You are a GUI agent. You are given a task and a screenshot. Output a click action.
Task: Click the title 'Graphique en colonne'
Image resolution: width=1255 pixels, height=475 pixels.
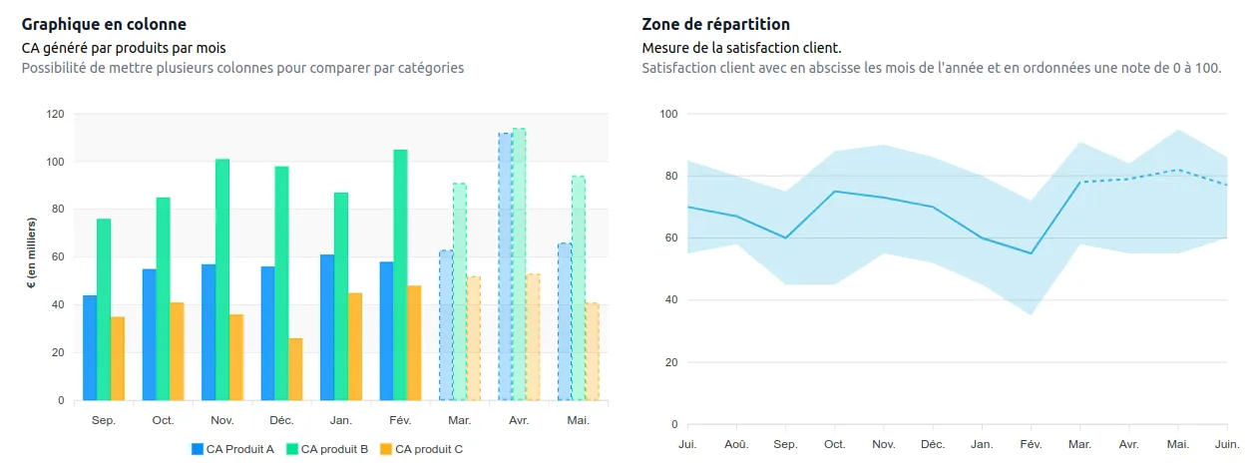(x=104, y=24)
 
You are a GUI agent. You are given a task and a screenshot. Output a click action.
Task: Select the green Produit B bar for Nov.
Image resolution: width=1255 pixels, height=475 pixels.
(x=222, y=279)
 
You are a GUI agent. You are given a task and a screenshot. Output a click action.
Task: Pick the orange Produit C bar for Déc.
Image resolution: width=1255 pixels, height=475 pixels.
(x=296, y=369)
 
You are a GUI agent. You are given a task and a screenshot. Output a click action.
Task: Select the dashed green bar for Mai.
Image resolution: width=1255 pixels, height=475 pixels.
(x=578, y=288)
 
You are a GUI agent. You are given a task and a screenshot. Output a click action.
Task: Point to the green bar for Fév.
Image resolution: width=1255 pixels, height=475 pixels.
(x=400, y=274)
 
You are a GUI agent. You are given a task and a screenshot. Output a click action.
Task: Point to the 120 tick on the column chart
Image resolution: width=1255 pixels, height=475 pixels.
(x=56, y=114)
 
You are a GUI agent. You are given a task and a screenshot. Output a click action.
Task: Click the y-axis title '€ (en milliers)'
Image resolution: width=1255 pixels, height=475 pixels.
(x=32, y=257)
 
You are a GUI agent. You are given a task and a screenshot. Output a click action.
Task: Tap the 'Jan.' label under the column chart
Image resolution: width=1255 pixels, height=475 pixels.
(x=341, y=421)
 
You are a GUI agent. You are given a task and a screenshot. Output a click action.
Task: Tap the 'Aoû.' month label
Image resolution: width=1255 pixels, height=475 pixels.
(x=736, y=443)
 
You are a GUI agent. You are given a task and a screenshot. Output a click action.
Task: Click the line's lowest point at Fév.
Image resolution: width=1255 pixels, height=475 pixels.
(x=1031, y=253)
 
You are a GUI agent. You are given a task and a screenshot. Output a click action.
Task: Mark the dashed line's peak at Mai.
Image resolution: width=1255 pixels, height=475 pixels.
(x=1178, y=170)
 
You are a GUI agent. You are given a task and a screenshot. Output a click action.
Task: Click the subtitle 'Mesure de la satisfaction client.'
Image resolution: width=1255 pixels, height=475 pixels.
(x=741, y=47)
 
